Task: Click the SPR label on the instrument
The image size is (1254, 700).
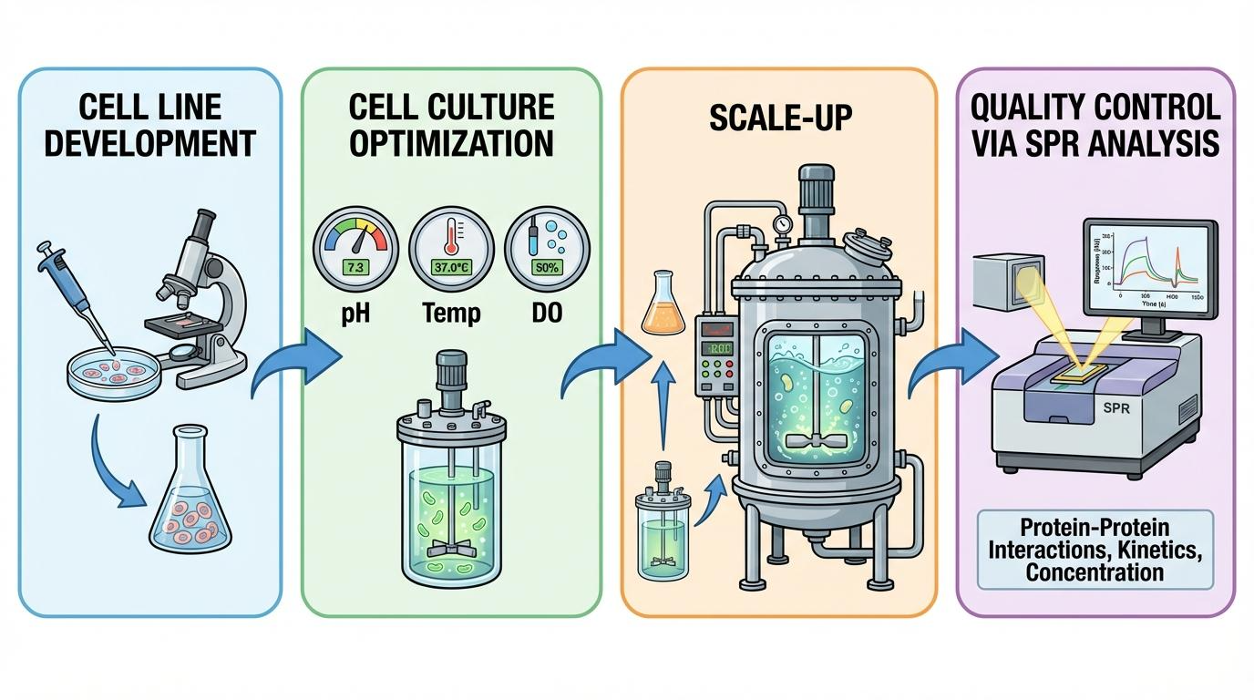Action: (x=1115, y=407)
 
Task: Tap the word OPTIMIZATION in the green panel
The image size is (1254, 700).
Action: (x=451, y=144)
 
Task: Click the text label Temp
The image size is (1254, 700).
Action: (x=450, y=314)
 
